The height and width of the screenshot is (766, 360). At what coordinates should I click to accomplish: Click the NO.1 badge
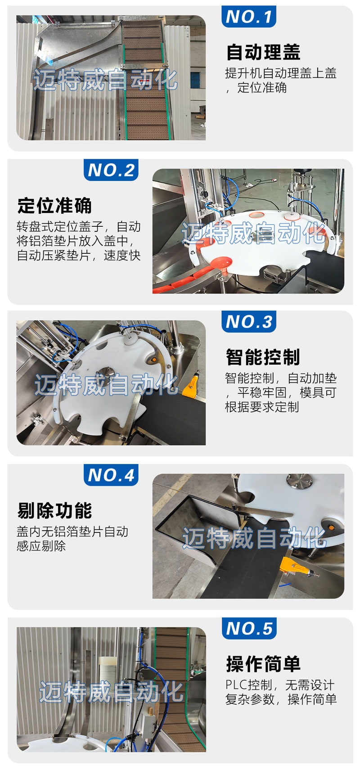point(248,16)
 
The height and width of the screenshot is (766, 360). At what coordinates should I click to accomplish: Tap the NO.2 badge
point(111,170)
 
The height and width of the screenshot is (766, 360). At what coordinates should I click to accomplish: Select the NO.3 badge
point(248,321)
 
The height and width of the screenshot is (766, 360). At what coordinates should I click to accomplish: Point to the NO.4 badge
point(111,475)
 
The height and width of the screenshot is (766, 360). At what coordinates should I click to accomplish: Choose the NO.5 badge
point(249,628)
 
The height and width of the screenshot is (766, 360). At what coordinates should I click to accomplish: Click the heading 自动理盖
point(263,52)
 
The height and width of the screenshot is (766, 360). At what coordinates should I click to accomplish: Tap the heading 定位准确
point(55,206)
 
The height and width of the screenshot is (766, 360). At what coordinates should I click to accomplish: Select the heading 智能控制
point(263,357)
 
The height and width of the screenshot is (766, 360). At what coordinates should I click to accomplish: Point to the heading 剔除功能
point(55,510)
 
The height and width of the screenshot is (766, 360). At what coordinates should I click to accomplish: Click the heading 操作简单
point(263,664)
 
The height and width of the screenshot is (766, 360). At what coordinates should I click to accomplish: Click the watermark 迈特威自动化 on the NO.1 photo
point(105,80)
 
